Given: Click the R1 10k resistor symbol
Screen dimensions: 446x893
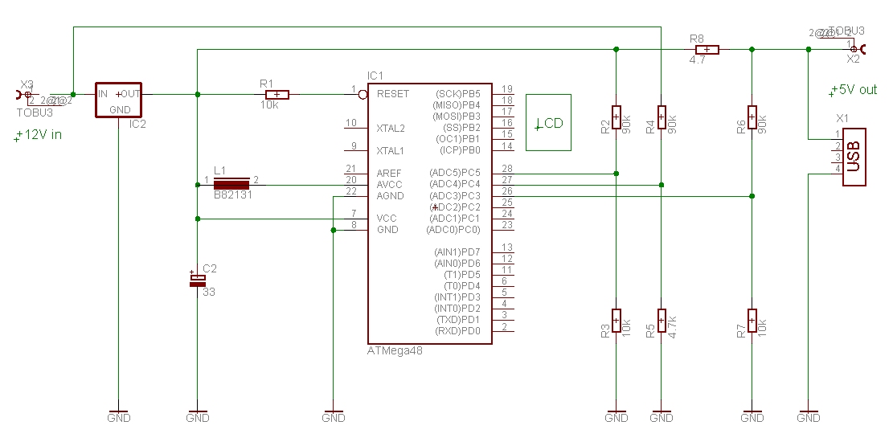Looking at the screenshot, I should tap(277, 94).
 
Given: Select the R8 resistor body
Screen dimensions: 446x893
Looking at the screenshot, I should tap(707, 49).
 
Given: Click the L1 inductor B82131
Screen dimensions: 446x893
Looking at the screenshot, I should tap(231, 185).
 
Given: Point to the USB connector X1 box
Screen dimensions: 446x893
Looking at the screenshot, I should tap(854, 157).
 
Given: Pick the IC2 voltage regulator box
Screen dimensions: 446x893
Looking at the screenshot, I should tap(118, 100).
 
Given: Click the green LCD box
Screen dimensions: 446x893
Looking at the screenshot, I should tap(549, 123).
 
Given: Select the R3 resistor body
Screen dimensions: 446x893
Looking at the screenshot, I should tap(616, 320).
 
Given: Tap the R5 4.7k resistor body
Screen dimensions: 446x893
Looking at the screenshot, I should tap(662, 320).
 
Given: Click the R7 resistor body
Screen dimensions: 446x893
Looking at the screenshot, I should tap(752, 320).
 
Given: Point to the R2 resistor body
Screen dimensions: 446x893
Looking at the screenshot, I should tap(616, 117).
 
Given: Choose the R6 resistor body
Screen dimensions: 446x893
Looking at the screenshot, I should tap(752, 117).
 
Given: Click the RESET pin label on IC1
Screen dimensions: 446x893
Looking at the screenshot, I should tap(393, 94).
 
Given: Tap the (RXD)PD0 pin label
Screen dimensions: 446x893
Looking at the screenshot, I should tap(458, 331).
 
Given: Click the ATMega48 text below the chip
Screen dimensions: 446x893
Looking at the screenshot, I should tap(395, 350).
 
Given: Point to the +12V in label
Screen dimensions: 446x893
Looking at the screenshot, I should tap(39, 135).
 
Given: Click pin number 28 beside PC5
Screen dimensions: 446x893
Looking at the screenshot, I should tap(506, 169).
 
